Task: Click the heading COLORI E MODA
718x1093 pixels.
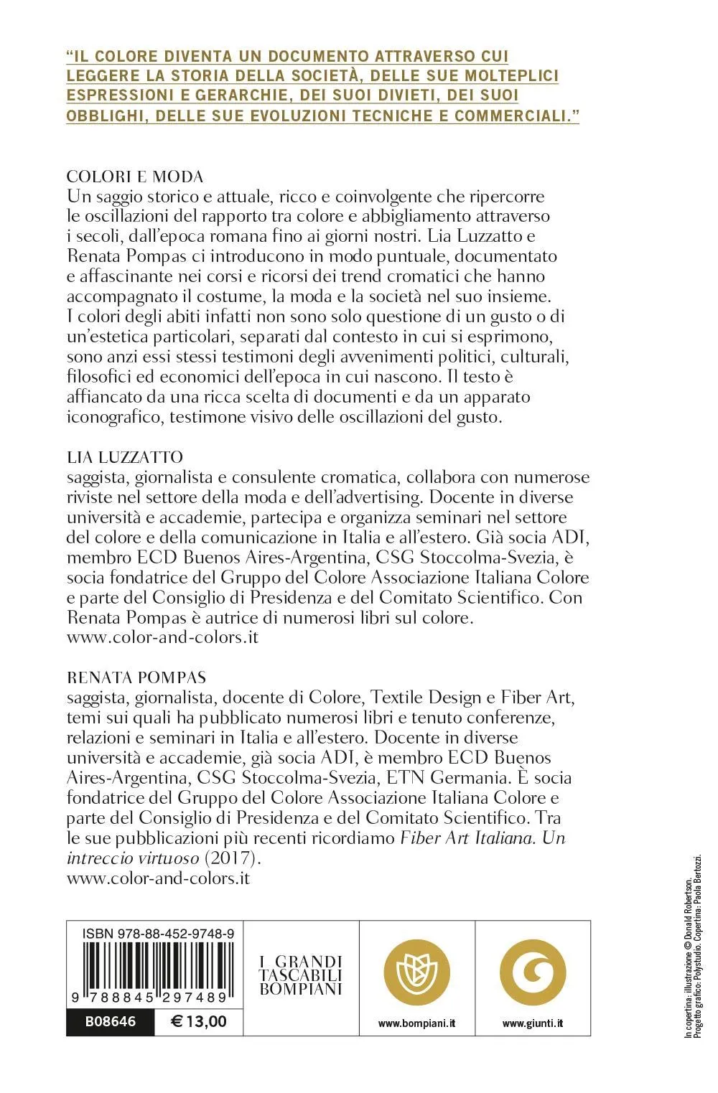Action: click(135, 177)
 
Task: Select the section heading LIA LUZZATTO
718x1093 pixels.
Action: click(124, 457)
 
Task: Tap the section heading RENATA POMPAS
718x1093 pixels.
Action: click(136, 677)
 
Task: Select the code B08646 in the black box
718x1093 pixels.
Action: click(110, 1021)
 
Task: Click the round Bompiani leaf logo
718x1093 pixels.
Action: click(417, 972)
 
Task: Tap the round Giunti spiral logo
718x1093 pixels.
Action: click(533, 972)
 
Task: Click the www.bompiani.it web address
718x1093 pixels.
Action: click(417, 1023)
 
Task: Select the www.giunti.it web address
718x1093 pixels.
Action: click(533, 1023)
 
